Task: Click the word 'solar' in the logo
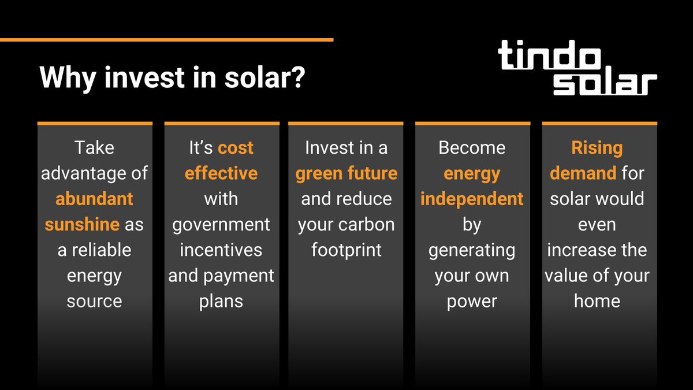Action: pos(605,84)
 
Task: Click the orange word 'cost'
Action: pos(236,148)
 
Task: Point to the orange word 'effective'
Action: pos(221,173)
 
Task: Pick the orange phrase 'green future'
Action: pos(346,173)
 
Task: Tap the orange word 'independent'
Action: pos(472,199)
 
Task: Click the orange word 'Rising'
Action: pos(597,148)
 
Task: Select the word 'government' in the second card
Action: pos(221,224)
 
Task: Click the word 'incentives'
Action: pos(221,250)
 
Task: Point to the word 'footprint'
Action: pos(346,250)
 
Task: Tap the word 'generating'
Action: pos(472,250)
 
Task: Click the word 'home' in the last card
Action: pos(597,300)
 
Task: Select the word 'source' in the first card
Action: pos(94,300)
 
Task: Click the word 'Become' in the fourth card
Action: pos(472,148)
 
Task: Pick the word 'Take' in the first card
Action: pos(94,148)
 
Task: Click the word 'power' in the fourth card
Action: pos(472,300)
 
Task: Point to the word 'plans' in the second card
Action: pos(221,300)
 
